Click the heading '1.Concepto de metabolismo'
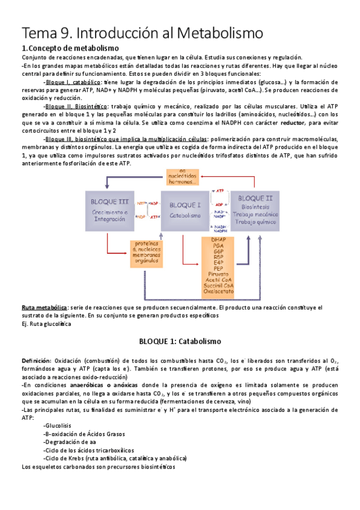[70, 48]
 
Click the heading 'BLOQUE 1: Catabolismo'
[180, 341]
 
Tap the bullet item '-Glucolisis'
[58, 425]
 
